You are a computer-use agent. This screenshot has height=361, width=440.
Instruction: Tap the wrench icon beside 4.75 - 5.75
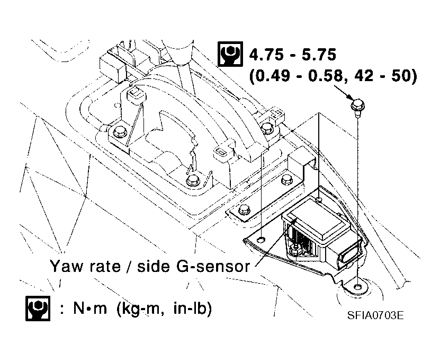click(230, 55)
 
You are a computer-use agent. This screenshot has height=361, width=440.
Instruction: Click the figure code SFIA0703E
click(376, 316)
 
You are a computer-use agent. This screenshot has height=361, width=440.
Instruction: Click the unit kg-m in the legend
click(140, 309)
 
